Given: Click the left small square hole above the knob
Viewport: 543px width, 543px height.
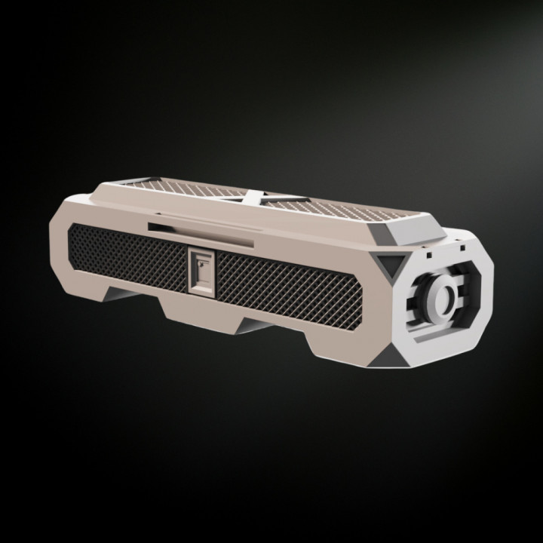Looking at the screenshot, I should pos(428,255).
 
